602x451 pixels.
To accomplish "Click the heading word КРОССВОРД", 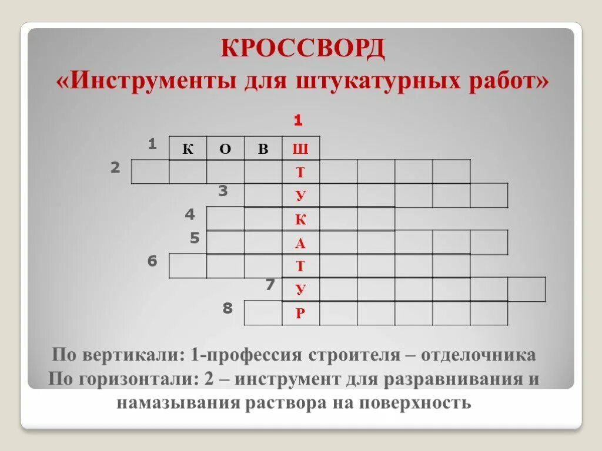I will (x=303, y=49).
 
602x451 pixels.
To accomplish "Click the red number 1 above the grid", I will (x=298, y=121).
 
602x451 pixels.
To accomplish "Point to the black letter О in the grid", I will (x=225, y=149).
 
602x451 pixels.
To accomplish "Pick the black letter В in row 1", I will (x=263, y=149).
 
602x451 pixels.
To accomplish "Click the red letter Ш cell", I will (x=300, y=149).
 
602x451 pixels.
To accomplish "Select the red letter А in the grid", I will (x=300, y=243).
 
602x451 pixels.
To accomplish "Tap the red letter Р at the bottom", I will (x=300, y=314).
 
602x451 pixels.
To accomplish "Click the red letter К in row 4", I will (x=300, y=220).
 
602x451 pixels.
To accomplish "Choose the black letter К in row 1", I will (x=188, y=149).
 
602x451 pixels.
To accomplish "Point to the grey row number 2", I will (x=115, y=168).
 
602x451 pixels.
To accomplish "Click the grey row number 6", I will (x=152, y=261).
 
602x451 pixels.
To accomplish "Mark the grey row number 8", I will (x=228, y=308).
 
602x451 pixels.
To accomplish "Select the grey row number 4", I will (x=190, y=215).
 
